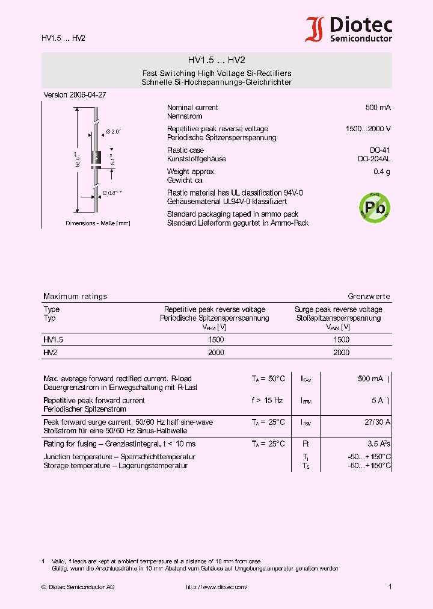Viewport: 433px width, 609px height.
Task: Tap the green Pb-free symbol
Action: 374,208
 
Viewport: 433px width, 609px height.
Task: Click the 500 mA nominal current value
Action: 378,108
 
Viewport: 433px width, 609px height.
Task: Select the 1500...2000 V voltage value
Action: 368,129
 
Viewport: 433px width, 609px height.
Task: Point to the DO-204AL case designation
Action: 373,159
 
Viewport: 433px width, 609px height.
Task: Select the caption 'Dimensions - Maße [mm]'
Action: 97,223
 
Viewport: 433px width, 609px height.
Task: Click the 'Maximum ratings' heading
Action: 75,297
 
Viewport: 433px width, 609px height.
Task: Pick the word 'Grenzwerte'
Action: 369,297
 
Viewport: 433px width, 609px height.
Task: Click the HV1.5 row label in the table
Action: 53,339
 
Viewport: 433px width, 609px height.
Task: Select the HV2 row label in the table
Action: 50,353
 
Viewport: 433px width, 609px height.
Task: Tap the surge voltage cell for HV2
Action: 341,353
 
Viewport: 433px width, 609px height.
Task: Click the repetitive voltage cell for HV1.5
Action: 216,339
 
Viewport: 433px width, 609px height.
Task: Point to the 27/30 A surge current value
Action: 377,422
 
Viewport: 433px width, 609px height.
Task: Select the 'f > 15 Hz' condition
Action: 267,401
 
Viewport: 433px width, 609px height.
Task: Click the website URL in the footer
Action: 216,587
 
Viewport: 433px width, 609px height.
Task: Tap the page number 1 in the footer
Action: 390,587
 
